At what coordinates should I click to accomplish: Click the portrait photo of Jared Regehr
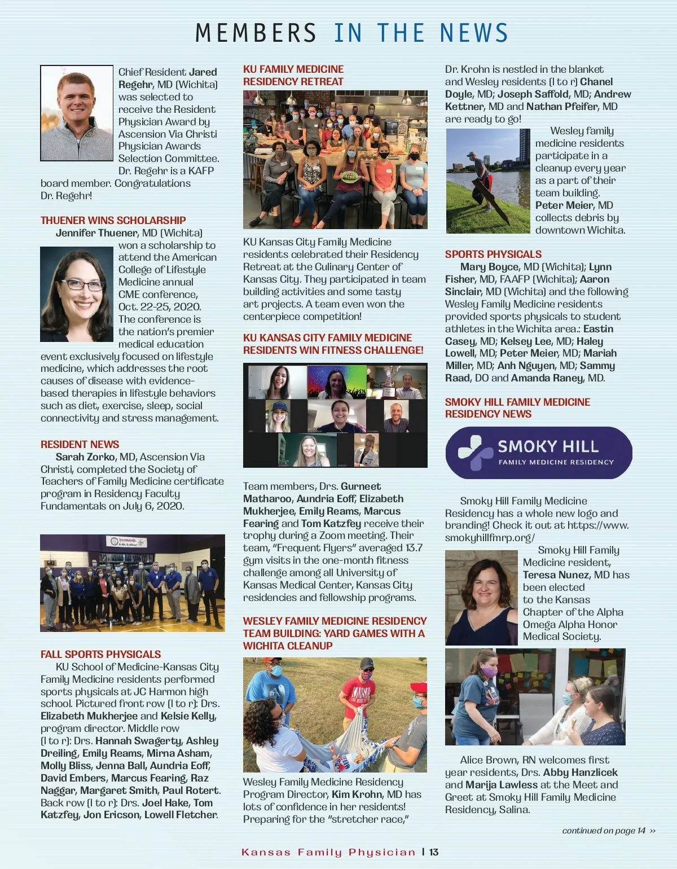77,113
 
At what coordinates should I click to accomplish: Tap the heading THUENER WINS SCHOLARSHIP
113,220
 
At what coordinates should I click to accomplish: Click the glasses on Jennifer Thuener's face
82,284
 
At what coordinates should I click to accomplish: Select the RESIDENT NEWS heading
80,444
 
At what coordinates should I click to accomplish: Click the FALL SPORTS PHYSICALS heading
100,654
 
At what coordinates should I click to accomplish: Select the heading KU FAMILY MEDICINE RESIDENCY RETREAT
293,75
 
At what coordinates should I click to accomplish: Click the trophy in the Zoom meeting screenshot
388,389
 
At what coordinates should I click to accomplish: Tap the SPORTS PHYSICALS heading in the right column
493,254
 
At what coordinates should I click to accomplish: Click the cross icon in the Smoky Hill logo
472,452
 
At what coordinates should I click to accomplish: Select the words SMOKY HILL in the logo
548,446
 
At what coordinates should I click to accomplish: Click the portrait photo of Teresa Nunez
481,598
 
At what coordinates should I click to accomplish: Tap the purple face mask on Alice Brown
489,671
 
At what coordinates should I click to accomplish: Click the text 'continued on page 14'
604,830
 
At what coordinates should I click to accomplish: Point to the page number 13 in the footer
434,852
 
